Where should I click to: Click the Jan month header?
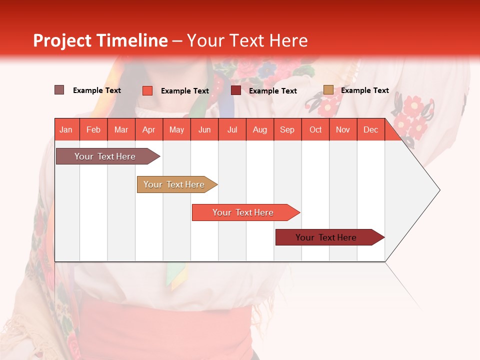[x=66, y=129]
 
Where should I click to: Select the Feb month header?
[x=93, y=129]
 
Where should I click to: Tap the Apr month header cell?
[x=149, y=129]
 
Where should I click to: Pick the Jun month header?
[x=204, y=129]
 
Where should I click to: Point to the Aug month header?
[x=260, y=129]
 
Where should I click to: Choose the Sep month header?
[x=287, y=129]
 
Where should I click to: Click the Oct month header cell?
[x=315, y=129]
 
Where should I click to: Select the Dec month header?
[x=371, y=129]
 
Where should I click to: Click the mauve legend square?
[x=59, y=90]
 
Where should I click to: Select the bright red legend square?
[x=147, y=90]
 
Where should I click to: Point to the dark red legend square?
[x=236, y=90]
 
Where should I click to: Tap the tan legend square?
[x=328, y=90]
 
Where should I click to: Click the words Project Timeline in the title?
[x=100, y=40]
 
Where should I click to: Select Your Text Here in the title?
[x=247, y=40]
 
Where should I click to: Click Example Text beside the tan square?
[x=365, y=90]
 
